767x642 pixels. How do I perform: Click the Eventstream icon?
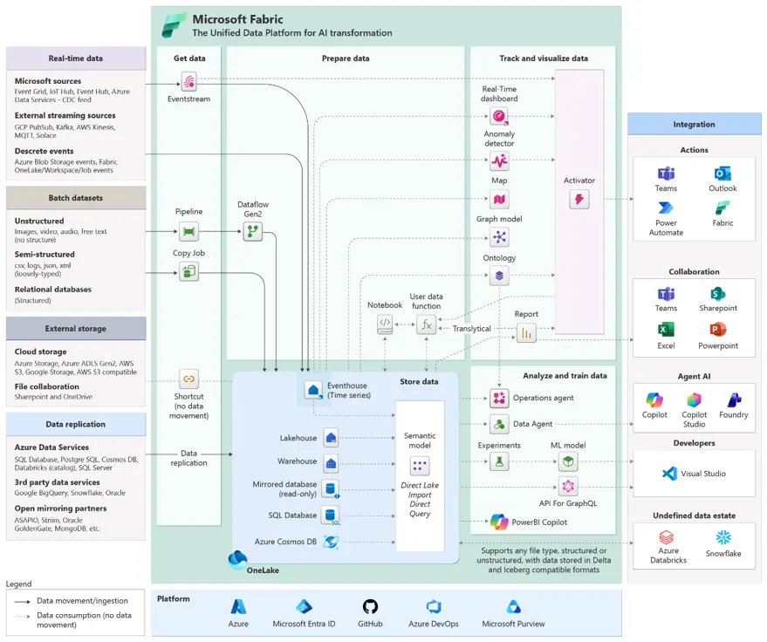(188, 81)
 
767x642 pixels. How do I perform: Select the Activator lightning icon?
(579, 199)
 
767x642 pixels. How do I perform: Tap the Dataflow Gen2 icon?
(252, 231)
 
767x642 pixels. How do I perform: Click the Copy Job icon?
(188, 271)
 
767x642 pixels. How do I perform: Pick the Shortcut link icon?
(188, 379)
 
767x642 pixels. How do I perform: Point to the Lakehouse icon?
(332, 438)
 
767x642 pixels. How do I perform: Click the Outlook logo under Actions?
(722, 174)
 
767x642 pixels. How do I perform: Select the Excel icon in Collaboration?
(666, 329)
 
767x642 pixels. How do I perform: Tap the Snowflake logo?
(723, 537)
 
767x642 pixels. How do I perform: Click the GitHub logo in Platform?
(370, 607)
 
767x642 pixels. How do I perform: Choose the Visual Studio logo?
(669, 474)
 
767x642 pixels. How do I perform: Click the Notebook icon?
(385, 324)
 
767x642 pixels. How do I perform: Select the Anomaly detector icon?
(499, 160)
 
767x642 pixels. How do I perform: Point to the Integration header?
(694, 124)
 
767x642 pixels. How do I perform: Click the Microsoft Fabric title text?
(237, 19)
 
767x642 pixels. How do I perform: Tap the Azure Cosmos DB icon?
(332, 542)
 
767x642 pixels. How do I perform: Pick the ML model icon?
(568, 461)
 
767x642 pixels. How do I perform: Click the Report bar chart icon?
(526, 333)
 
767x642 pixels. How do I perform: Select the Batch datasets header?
(76, 198)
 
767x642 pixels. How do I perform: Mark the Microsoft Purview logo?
(513, 607)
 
